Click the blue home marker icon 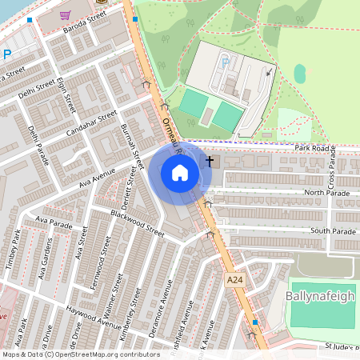point(180,173)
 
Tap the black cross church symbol point(210,161)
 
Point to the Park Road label point(312,148)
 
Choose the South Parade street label point(333,231)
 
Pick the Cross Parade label point(330,167)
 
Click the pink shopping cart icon point(64,15)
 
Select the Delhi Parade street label point(38,141)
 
